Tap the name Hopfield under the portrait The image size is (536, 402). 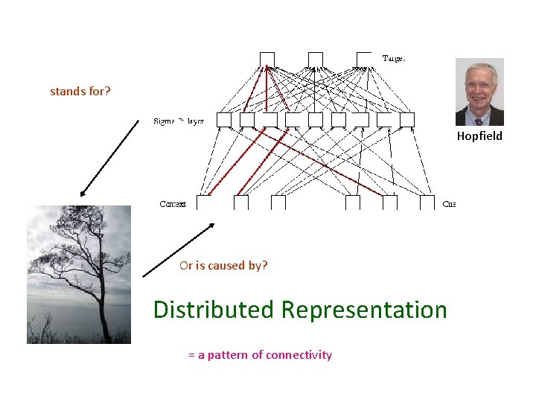pos(479,135)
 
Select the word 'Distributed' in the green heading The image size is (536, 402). pos(213,310)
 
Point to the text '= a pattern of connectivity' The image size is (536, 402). pos(260,354)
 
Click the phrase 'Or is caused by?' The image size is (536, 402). pos(223,265)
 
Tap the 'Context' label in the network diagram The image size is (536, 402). pos(173,204)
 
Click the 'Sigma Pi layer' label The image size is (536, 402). pos(179,121)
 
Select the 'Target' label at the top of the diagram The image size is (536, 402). pos(393,58)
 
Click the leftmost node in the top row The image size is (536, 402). pos(267,59)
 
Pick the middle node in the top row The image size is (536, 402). pos(316,59)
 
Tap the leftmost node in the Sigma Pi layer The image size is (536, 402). pos(224,119)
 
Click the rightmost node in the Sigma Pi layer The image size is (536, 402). pos(407,119)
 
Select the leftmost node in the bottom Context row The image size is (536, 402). pos(203,202)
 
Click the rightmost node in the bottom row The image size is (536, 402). pos(427,202)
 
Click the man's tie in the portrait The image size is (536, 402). pos(479,119)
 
